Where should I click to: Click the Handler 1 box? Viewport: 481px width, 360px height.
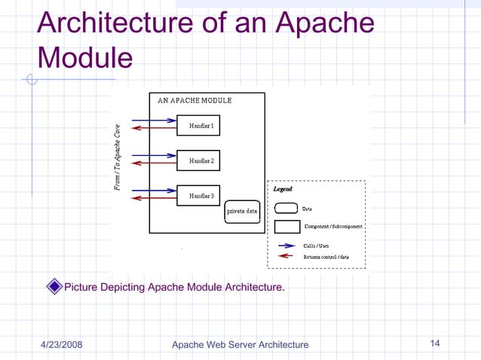[198, 125]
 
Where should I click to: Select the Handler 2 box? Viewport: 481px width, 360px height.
[198, 160]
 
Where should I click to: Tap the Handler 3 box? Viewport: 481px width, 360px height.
[198, 195]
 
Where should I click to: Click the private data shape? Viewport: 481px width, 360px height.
[242, 212]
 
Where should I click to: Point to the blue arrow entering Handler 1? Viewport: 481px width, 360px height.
[154, 121]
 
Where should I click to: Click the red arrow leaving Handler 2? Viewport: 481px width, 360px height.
[154, 164]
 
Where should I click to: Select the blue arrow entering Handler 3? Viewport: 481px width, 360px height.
[154, 190]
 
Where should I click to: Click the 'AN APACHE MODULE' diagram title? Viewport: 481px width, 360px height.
[195, 100]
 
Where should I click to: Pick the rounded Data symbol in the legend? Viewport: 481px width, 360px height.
[285, 209]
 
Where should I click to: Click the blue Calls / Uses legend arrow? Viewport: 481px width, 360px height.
[286, 246]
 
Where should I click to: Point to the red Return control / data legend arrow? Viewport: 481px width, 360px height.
[286, 257]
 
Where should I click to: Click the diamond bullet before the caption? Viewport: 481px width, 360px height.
[54, 286]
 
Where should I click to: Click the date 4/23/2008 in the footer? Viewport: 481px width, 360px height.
[61, 345]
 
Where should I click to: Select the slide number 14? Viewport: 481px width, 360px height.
[434, 344]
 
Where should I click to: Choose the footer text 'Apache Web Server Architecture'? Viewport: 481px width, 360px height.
[240, 345]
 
